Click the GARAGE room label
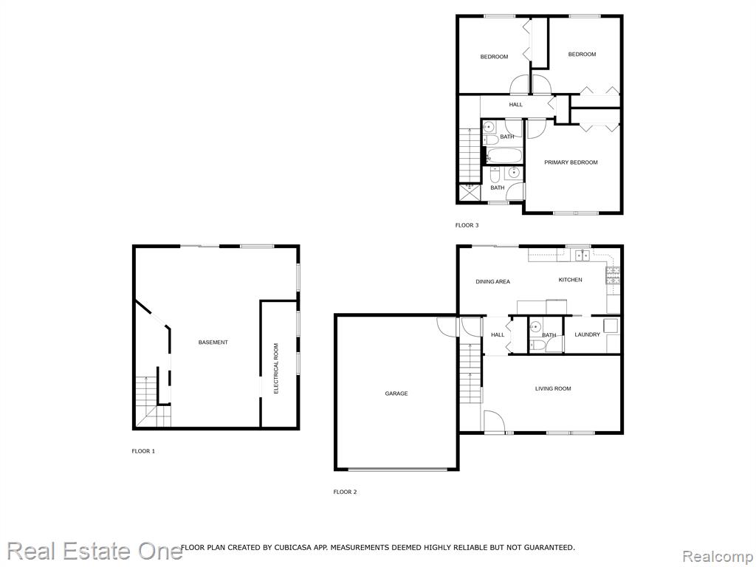(x=396, y=394)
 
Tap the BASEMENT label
(x=213, y=343)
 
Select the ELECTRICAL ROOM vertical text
(x=276, y=368)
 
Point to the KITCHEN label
(x=571, y=280)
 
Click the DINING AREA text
(x=492, y=281)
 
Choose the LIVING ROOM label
(x=553, y=388)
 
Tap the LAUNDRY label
(x=587, y=334)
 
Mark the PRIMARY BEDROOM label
(x=571, y=162)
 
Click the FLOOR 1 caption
(x=143, y=451)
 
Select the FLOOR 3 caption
(x=467, y=225)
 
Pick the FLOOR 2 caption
(x=346, y=492)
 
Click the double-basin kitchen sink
(x=583, y=255)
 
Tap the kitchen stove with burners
(x=613, y=276)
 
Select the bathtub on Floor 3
(x=504, y=156)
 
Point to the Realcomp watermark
(x=718, y=557)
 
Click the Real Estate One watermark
(x=94, y=551)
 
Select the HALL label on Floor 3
(x=516, y=105)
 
